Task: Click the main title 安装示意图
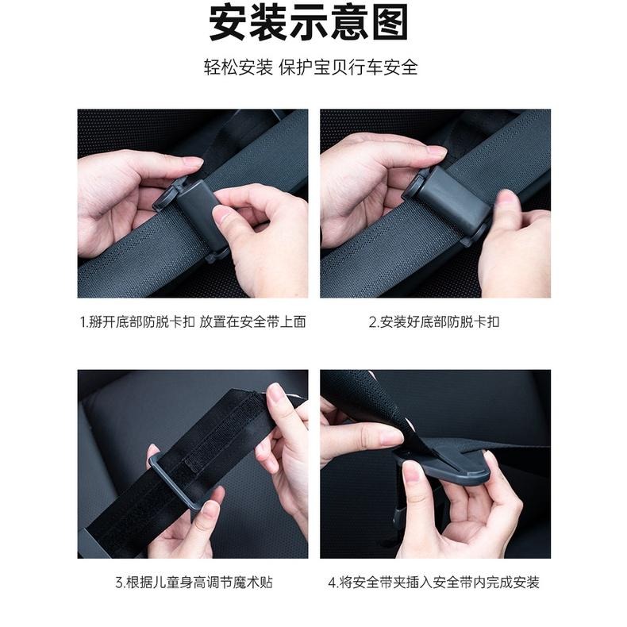313,24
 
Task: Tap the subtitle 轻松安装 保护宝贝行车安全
313,67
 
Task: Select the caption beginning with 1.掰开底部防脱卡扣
193,321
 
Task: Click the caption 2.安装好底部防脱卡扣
434,321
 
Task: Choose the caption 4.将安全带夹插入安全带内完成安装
434,582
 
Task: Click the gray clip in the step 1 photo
194,210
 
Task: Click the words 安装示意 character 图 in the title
390,24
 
